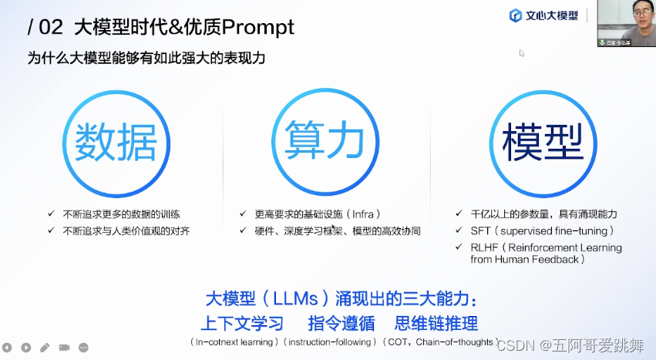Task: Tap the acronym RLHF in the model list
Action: [x=484, y=247]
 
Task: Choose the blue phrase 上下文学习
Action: [x=242, y=323]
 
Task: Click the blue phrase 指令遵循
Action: [x=341, y=323]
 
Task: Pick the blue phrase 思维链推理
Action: [x=436, y=323]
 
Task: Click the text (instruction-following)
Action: [x=331, y=341]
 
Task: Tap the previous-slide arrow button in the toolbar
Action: [x=8, y=348]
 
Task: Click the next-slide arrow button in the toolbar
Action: [x=26, y=348]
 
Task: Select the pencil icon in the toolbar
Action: [x=45, y=348]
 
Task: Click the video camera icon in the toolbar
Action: [x=64, y=348]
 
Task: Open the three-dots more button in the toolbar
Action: [x=83, y=348]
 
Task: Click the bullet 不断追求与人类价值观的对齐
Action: [x=126, y=230]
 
